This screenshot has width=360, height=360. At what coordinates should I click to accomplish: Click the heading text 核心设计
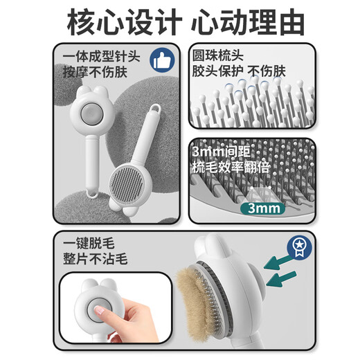tap(120, 22)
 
